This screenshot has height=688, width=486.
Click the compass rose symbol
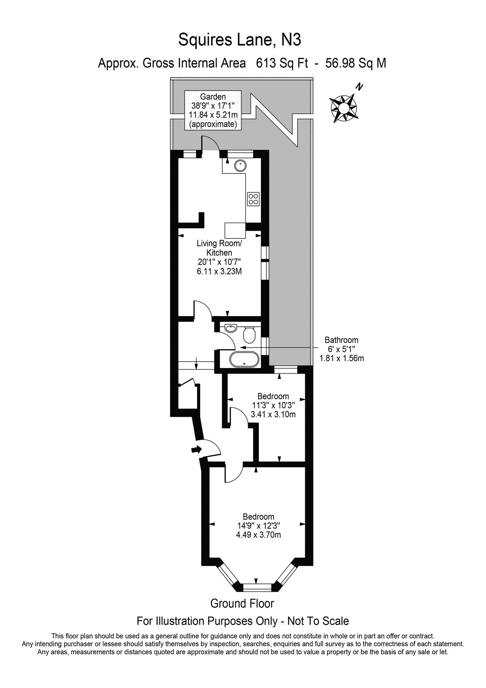343,108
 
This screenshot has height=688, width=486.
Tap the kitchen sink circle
240,166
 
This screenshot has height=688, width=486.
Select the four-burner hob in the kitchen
253,199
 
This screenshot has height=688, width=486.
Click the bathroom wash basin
230,328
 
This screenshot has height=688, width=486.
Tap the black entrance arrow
196,449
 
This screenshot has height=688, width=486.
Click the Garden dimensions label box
213,110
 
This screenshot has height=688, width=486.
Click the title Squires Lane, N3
240,40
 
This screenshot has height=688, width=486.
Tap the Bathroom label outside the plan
341,340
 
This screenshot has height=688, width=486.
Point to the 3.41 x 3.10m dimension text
273,415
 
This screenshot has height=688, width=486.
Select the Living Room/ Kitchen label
219,248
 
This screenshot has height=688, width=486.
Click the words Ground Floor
242,603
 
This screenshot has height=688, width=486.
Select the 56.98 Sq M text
355,63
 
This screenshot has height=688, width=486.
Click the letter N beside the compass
359,87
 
